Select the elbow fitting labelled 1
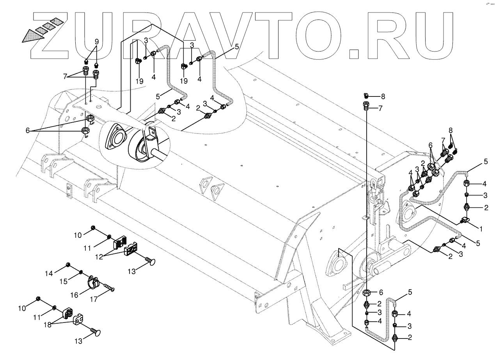(465, 221)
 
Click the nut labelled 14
(68, 265)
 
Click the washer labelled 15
(80, 272)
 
